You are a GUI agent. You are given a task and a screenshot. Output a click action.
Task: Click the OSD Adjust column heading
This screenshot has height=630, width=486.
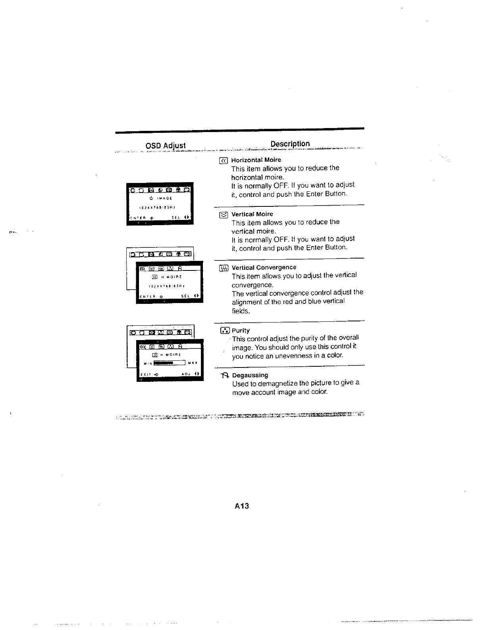[x=166, y=146]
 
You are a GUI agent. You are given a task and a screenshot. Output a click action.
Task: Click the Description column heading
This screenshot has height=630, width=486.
[x=290, y=144]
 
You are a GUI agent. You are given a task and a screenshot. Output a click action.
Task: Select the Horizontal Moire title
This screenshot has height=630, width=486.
[x=256, y=160]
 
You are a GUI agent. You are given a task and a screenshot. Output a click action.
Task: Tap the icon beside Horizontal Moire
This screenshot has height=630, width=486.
[x=223, y=160]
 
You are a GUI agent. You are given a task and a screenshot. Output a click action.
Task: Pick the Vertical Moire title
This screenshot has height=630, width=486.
[x=252, y=214]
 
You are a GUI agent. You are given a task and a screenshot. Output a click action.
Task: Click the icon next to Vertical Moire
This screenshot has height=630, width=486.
[x=223, y=215]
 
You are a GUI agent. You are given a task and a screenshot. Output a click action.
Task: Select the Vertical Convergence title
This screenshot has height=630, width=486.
[x=264, y=267]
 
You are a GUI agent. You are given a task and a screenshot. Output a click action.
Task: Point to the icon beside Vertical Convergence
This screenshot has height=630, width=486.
[x=223, y=268]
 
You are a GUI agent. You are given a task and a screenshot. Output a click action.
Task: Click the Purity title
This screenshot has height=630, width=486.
[x=241, y=331]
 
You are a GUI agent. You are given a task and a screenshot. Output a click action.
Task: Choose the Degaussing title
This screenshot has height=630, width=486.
[x=250, y=375]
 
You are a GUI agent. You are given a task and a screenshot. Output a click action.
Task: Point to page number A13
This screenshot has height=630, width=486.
[x=241, y=506]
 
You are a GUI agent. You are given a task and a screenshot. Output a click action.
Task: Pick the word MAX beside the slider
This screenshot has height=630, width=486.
[x=193, y=363]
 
